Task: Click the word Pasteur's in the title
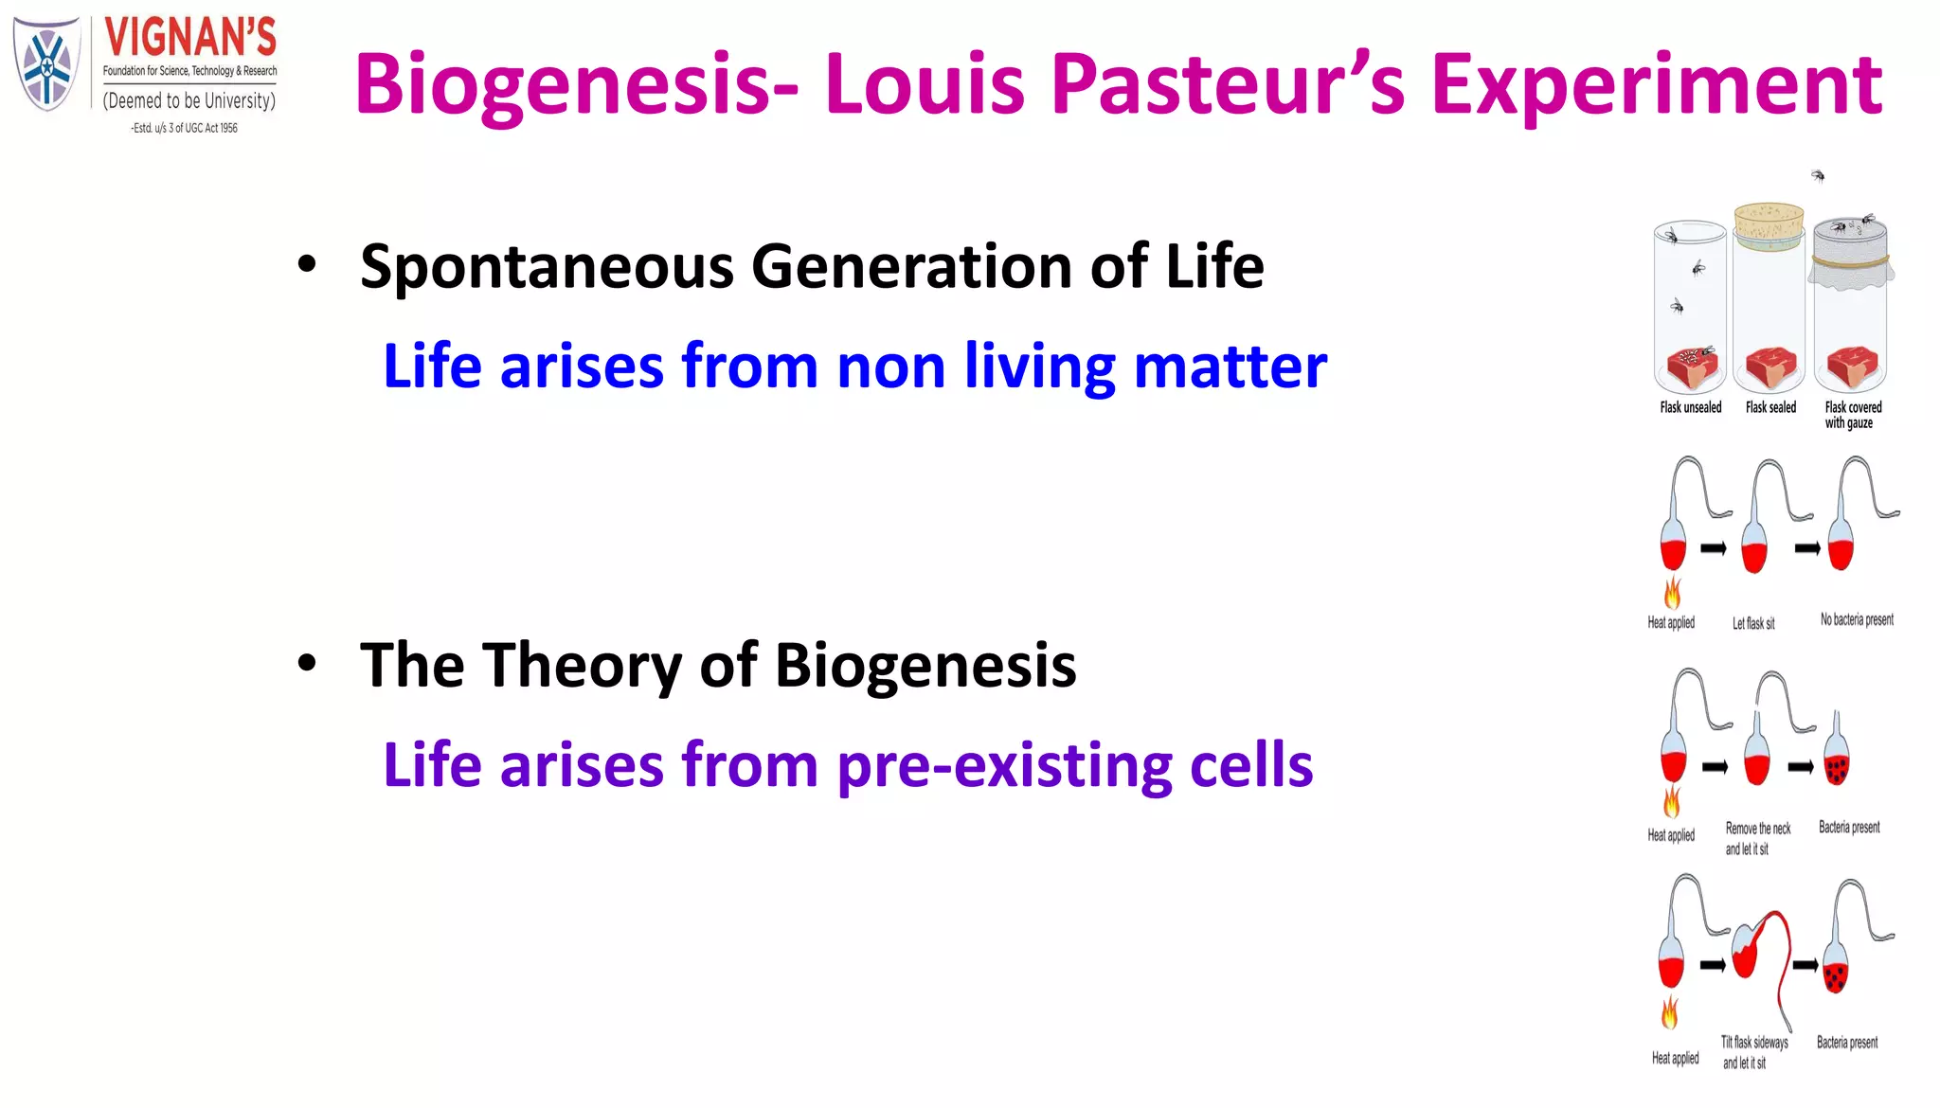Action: coord(1228,85)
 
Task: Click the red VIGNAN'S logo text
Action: coord(190,38)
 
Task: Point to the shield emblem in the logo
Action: coord(45,64)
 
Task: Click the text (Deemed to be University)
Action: coord(189,100)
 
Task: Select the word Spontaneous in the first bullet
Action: coord(547,267)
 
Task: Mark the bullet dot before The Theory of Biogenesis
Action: coord(306,663)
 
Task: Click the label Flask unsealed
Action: coord(1690,408)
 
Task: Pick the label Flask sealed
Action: coord(1770,408)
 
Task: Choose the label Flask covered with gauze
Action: coord(1852,415)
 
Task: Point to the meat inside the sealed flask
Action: coord(1770,367)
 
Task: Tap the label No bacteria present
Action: coord(1857,620)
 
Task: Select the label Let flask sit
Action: coord(1753,623)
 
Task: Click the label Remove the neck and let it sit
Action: coord(1757,839)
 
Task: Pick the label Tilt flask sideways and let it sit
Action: coord(1753,1052)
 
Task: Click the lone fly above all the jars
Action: coord(1818,175)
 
